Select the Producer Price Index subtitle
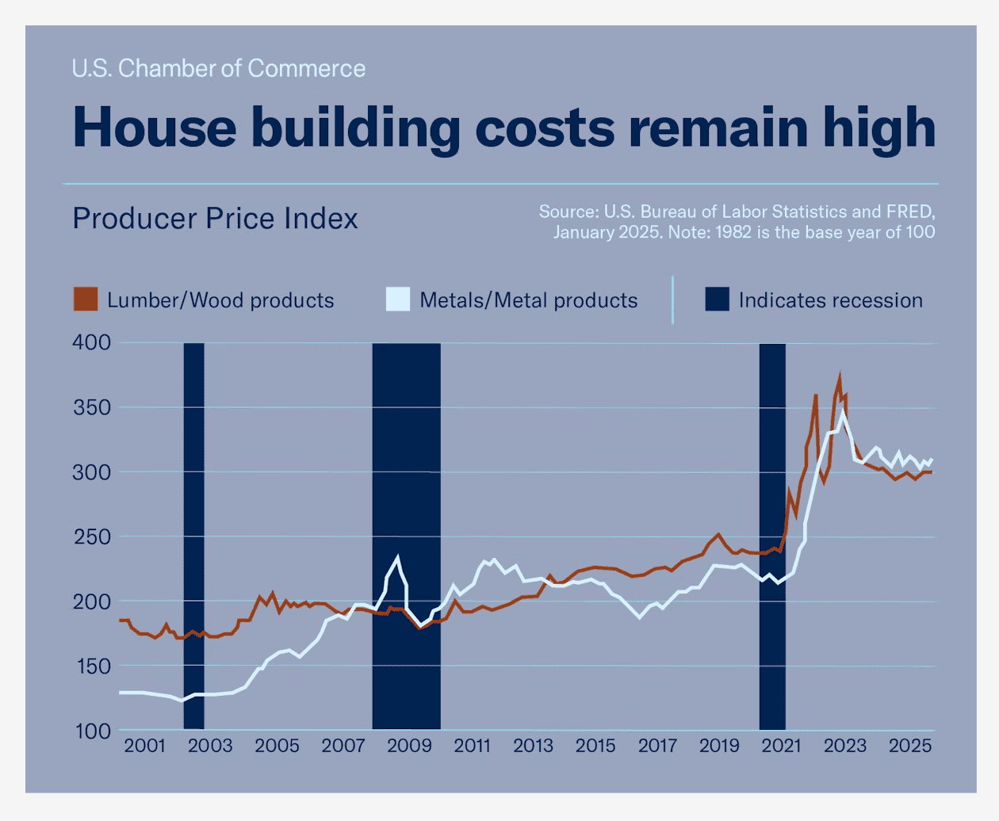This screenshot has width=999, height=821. (215, 219)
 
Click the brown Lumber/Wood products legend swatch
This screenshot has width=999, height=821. (86, 300)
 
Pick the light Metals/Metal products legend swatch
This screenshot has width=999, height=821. (398, 300)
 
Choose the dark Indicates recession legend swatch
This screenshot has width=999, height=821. (717, 300)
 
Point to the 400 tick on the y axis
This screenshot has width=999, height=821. (92, 342)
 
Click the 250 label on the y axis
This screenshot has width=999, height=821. (92, 537)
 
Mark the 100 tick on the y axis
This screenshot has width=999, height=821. (92, 731)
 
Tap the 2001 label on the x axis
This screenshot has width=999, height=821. (145, 746)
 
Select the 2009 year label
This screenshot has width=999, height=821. (409, 746)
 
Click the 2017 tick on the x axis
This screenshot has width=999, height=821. (657, 746)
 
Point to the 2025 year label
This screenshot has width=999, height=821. (909, 746)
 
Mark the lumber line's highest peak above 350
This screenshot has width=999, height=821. (839, 378)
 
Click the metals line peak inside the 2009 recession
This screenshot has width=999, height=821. (398, 557)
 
